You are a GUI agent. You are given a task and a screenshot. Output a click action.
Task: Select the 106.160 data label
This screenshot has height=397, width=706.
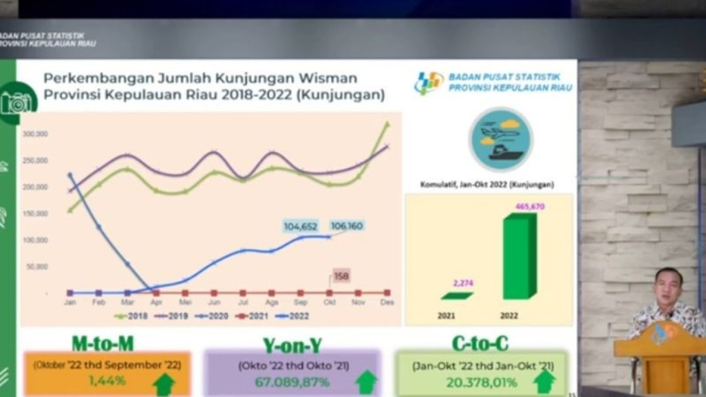(346, 226)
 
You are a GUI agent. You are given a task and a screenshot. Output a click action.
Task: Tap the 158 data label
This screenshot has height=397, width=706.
(341, 276)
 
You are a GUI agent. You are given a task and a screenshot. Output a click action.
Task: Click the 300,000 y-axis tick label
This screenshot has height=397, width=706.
(36, 134)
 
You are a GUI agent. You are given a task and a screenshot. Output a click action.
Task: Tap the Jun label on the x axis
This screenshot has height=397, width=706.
(215, 302)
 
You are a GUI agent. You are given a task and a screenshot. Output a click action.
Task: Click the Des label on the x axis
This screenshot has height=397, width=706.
(387, 302)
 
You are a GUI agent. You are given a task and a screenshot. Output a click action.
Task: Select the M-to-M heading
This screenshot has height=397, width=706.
(103, 344)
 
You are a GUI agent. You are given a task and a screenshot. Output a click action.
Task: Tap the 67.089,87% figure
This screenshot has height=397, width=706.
(292, 382)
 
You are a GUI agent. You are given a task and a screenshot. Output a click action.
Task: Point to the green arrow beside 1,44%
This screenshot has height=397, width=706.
(164, 383)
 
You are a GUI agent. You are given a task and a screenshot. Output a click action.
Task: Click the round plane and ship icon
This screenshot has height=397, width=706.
(500, 140)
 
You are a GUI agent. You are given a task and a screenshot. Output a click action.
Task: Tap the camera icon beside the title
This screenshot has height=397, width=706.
(17, 103)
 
